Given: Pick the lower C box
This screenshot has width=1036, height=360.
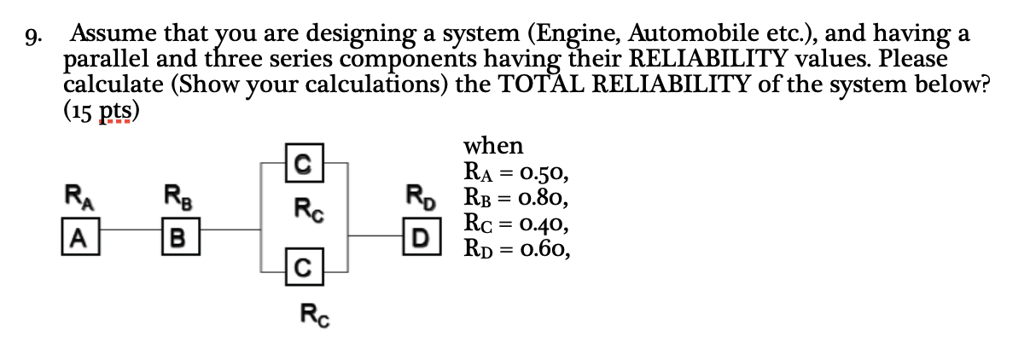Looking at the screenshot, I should click(x=303, y=271).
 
